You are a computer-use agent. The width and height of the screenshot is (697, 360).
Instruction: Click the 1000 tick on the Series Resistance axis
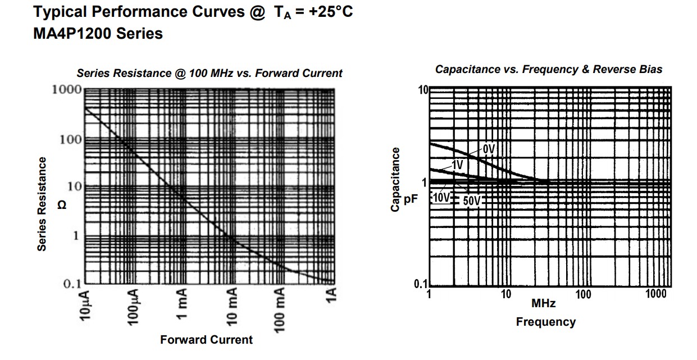(66, 89)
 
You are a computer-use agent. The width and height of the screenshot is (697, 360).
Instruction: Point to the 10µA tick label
(86, 304)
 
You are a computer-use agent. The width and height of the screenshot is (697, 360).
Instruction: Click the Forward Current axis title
(206, 340)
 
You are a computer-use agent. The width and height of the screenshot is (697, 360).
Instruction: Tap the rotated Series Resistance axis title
(42, 204)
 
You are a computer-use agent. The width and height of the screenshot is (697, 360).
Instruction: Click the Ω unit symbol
(62, 206)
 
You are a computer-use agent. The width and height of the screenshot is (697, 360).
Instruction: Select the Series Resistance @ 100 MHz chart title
(209, 73)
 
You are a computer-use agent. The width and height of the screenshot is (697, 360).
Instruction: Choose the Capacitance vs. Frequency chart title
(548, 70)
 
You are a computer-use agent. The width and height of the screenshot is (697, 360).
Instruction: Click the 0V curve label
(489, 149)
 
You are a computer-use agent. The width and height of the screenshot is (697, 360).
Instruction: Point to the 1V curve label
(458, 165)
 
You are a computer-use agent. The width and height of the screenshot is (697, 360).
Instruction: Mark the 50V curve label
(472, 200)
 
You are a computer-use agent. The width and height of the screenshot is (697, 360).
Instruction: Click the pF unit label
(411, 199)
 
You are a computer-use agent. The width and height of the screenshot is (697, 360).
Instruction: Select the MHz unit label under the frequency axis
(543, 304)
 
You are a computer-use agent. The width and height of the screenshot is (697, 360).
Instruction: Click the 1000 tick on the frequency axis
(655, 294)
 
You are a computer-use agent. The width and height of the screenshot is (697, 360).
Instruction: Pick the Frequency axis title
(545, 322)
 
